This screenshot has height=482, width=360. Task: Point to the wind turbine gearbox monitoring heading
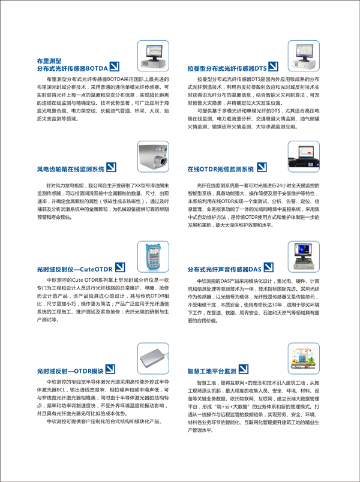click(x=70, y=168)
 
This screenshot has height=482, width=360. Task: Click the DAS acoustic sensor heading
click(x=224, y=270)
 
